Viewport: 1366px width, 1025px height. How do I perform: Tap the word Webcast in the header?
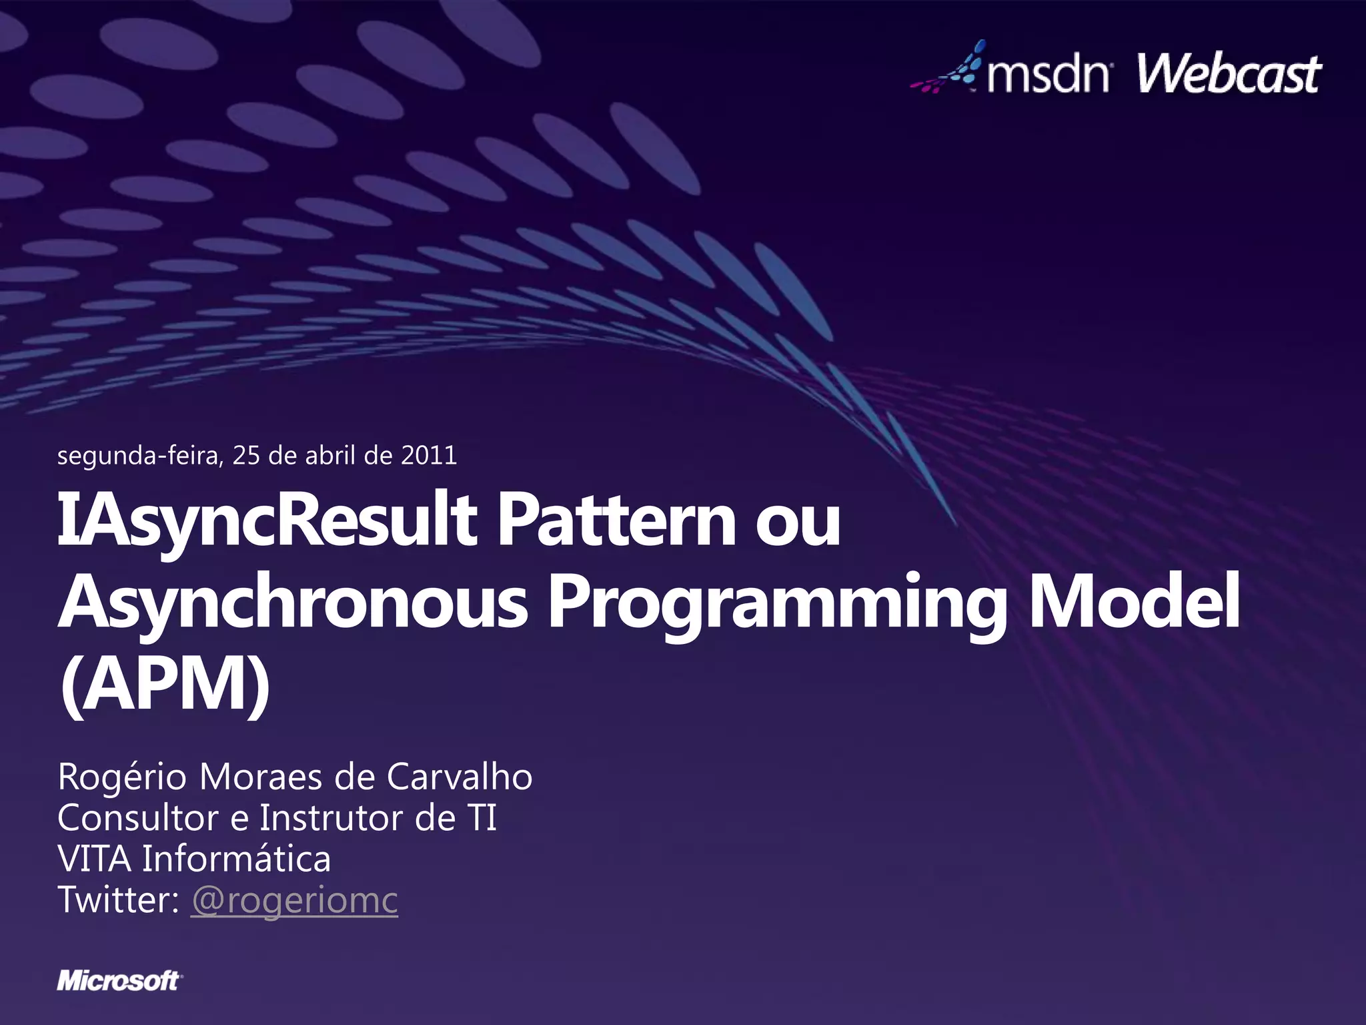click(1229, 75)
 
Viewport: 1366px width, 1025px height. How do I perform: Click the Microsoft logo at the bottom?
click(119, 981)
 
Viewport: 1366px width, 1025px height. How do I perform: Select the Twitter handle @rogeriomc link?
click(294, 900)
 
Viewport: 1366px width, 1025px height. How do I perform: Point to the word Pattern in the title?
click(616, 521)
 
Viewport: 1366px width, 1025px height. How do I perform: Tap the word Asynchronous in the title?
click(293, 602)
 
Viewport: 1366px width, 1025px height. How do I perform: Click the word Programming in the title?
click(778, 602)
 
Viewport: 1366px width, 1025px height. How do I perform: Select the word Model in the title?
click(1134, 602)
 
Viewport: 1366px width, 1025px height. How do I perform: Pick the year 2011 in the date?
click(429, 456)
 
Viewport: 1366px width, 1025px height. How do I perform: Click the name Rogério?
click(122, 777)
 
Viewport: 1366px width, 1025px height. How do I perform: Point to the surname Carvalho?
click(460, 777)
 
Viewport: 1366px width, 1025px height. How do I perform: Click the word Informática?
click(237, 859)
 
